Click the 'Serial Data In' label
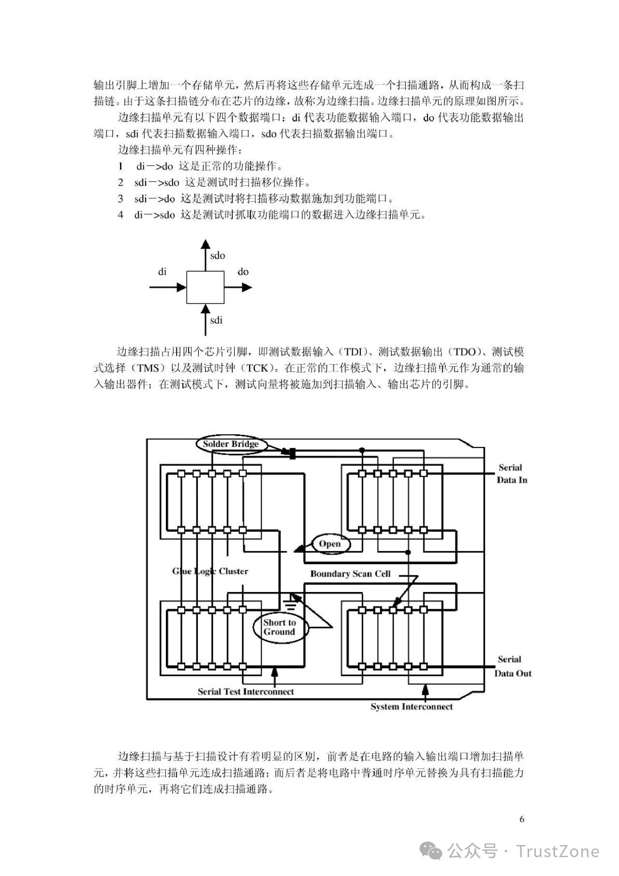coord(512,474)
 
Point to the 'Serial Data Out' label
coord(513,666)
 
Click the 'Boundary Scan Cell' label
coord(350,574)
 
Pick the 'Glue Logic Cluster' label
coord(210,571)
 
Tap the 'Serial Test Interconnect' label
coord(246,692)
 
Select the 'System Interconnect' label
coord(412,706)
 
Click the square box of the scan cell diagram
coord(205,287)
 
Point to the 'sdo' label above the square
coord(218,255)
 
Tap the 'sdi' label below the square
coord(216,320)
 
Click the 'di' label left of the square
coord(162,271)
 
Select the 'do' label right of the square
coord(243,271)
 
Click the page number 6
coord(522,819)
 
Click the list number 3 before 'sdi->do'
coord(120,199)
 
